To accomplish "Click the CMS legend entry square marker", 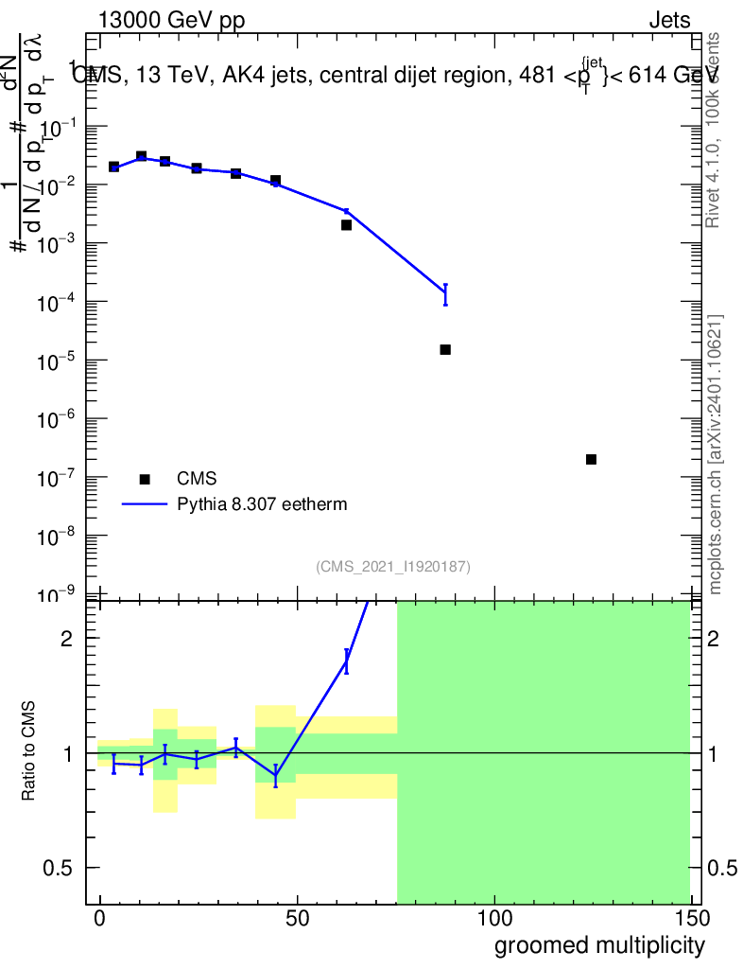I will click(x=145, y=479).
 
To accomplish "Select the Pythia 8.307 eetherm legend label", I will click(x=262, y=504).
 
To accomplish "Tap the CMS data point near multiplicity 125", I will click(x=591, y=459).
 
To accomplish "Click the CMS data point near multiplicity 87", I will click(x=445, y=350).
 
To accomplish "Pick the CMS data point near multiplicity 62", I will click(x=346, y=224).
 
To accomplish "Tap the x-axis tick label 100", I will click(x=494, y=919).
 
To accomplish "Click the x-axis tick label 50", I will click(x=297, y=919).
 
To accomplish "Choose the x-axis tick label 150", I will click(x=691, y=919).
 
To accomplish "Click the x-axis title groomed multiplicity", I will click(x=599, y=944).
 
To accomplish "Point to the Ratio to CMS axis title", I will click(x=28, y=752).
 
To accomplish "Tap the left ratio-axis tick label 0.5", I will click(x=60, y=868).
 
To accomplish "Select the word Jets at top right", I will click(x=669, y=21).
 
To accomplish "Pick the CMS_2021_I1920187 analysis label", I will click(x=393, y=566).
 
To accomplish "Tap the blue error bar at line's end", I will click(x=445, y=294).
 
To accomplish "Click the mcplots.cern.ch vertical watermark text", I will click(x=716, y=454).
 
